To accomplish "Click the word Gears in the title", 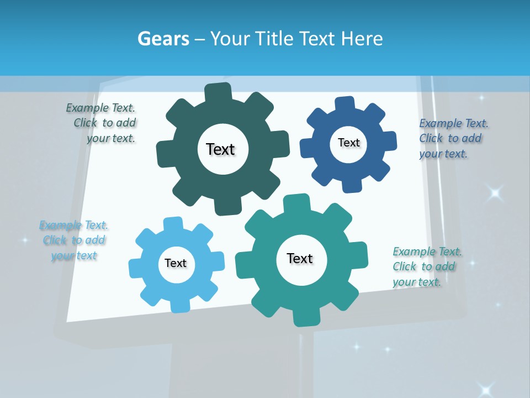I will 163,39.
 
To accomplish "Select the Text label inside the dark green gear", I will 220,149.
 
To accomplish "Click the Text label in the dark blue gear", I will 348,143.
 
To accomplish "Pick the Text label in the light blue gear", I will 176,263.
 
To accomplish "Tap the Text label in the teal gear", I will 300,258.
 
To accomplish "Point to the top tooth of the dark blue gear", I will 345,103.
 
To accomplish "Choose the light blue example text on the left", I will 73,240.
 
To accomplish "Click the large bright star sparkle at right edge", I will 495,193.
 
